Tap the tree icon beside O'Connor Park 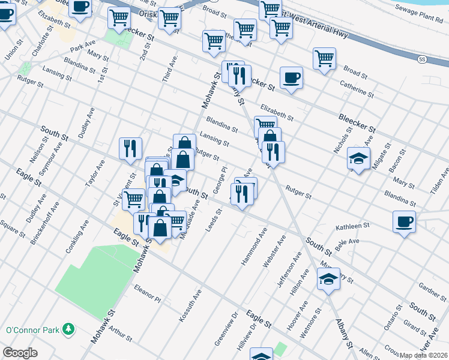70,329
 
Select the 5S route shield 422,59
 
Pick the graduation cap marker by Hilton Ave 328,279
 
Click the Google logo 20,353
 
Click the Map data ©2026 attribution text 423,355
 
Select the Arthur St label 121,331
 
